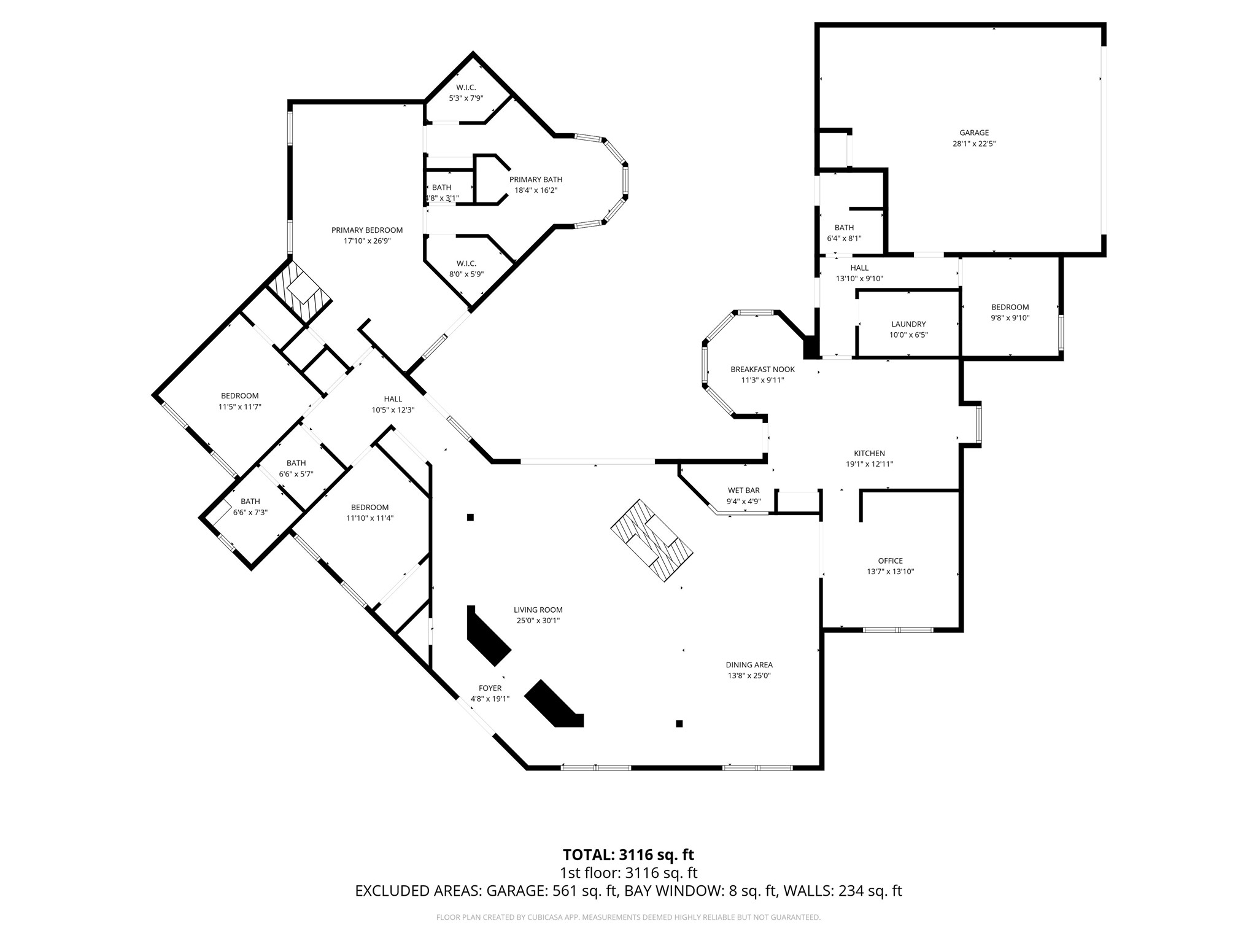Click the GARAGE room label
click(x=974, y=133)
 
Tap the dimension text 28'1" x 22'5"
click(x=974, y=144)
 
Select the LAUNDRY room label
click(x=908, y=324)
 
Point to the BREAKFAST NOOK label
click(x=762, y=369)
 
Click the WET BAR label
click(x=743, y=490)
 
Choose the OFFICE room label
click(x=890, y=561)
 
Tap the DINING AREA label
click(x=749, y=664)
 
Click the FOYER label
click(x=490, y=688)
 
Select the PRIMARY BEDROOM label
click(x=367, y=230)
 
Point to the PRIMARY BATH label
click(x=535, y=179)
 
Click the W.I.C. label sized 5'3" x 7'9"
click(x=466, y=87)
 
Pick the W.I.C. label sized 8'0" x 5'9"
click(x=466, y=263)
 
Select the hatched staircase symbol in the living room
click(x=652, y=541)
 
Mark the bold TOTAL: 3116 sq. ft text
click(x=628, y=855)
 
